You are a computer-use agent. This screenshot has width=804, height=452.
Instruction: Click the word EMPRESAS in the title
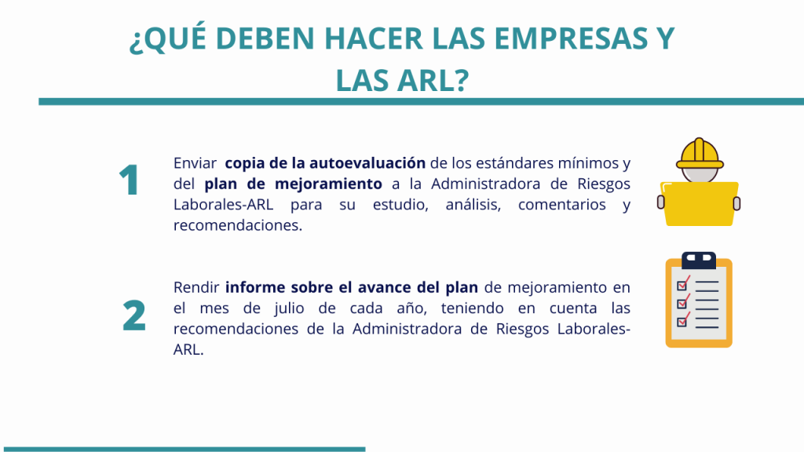(570, 38)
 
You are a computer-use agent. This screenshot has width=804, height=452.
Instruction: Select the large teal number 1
(129, 180)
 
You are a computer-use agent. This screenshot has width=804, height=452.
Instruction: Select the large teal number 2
(133, 315)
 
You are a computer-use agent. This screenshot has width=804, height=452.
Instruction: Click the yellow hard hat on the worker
(700, 154)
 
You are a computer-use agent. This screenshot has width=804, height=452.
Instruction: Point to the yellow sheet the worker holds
(700, 203)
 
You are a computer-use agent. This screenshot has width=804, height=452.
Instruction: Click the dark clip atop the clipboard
(698, 261)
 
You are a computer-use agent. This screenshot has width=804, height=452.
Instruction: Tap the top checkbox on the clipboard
(682, 285)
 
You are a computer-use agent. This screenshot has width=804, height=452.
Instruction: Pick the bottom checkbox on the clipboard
(682, 322)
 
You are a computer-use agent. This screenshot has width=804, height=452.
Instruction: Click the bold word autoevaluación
(367, 163)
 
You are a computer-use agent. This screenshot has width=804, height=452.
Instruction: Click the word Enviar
(195, 163)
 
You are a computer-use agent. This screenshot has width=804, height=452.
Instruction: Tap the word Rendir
(196, 287)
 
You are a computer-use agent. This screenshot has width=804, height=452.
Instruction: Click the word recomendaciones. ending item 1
(238, 225)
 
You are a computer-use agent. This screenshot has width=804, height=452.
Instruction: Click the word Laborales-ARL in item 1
(223, 205)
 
